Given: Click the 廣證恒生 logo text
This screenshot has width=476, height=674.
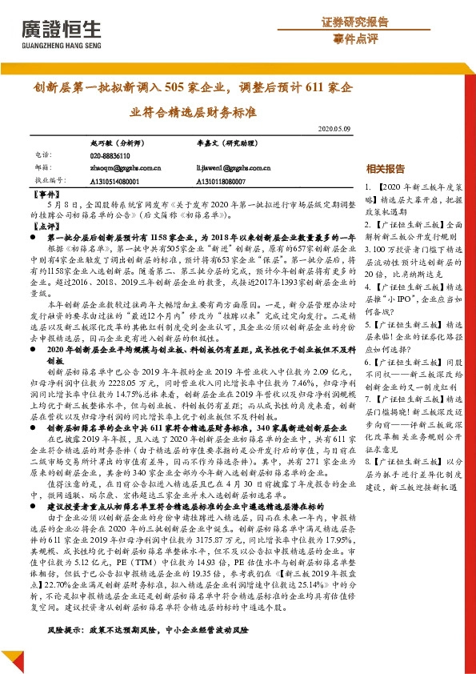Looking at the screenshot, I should pyautogui.click(x=61, y=29).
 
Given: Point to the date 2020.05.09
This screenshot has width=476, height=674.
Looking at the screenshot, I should pyautogui.click(x=334, y=128).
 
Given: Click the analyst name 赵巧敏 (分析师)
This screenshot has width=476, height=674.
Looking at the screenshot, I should pyautogui.click(x=117, y=141).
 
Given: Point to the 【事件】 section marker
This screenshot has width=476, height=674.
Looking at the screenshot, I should pyautogui.click(x=49, y=195).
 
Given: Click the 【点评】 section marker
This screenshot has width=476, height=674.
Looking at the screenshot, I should pyautogui.click(x=49, y=227).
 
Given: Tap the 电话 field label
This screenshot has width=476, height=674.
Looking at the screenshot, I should pyautogui.click(x=43, y=155).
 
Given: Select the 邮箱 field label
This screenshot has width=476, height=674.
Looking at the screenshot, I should pyautogui.click(x=43, y=168).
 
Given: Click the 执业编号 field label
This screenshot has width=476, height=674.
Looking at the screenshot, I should pyautogui.click(x=49, y=181).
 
